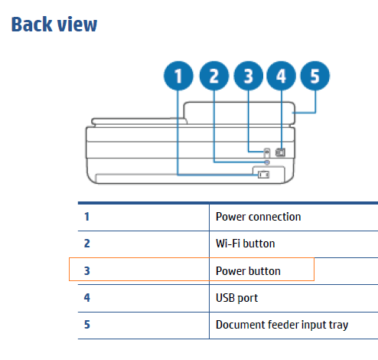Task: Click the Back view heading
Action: (x=54, y=24)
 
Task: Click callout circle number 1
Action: (x=179, y=77)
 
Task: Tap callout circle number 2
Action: (x=213, y=77)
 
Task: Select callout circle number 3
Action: (x=248, y=77)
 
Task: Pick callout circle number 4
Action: (x=281, y=77)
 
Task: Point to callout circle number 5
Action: (x=314, y=77)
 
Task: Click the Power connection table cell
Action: (x=258, y=217)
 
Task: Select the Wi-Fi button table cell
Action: (x=245, y=244)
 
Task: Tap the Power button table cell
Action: (x=248, y=271)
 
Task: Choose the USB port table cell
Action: (x=236, y=297)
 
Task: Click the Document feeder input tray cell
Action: (x=282, y=325)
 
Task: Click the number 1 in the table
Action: (x=86, y=217)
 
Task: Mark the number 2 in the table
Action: (x=86, y=244)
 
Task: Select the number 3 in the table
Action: (x=86, y=271)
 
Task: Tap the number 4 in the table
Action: (x=86, y=297)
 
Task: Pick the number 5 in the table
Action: (x=86, y=325)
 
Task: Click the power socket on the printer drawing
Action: (x=263, y=175)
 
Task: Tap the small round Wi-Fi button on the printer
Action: (x=266, y=162)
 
